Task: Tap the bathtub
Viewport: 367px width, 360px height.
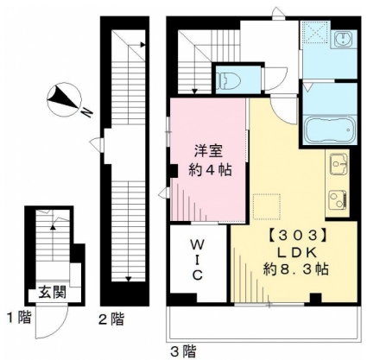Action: [330, 129]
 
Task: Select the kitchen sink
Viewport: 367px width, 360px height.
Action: [339, 163]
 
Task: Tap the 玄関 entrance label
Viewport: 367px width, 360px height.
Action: [53, 293]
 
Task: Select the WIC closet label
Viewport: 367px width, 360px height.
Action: [197, 261]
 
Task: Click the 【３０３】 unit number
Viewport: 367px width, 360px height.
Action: [296, 236]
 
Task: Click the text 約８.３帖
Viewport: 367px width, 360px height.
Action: [296, 269]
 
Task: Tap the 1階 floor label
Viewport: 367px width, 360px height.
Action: [19, 318]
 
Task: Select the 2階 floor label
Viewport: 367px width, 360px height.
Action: [111, 319]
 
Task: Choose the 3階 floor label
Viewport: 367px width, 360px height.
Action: [183, 351]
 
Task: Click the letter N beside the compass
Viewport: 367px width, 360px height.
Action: [87, 112]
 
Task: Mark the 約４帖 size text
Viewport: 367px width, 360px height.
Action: [210, 170]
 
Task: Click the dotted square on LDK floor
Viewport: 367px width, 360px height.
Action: [267, 206]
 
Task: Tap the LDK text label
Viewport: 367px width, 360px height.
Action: [297, 253]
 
